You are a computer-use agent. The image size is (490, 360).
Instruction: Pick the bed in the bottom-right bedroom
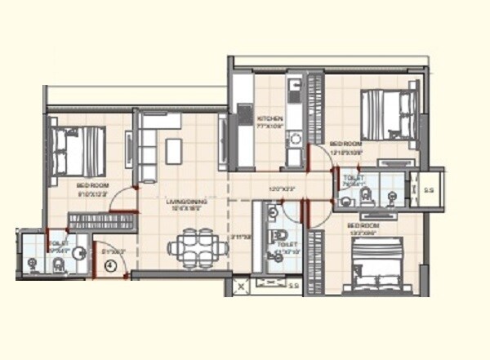(x=375, y=263)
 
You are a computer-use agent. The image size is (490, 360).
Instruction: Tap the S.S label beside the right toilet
(x=429, y=191)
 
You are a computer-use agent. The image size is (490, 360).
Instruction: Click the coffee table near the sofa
(x=173, y=150)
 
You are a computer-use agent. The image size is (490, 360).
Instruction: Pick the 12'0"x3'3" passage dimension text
(x=280, y=190)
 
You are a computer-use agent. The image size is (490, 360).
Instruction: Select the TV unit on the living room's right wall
(x=222, y=143)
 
